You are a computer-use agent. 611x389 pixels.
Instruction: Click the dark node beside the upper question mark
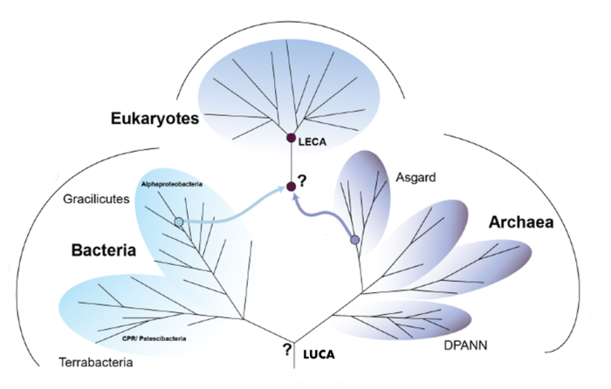pyautogui.click(x=292, y=186)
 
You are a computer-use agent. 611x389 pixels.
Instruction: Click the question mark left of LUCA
pyautogui.click(x=285, y=351)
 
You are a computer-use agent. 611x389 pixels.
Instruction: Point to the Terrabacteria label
pyautogui.click(x=97, y=361)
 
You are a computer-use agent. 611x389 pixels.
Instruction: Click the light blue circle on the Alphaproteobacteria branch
pyautogui.click(x=179, y=222)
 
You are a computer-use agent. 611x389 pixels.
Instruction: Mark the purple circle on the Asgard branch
pyautogui.click(x=354, y=240)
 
